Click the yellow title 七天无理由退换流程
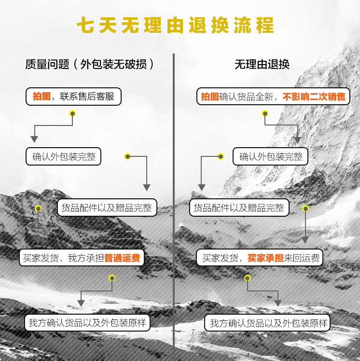tap(175, 25)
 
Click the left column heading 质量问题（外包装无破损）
tap(90, 64)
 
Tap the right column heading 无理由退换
tap(262, 64)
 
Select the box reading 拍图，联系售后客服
tap(73, 97)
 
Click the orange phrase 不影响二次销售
tap(314, 97)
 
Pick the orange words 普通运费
tap(122, 258)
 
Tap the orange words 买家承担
tap(265, 258)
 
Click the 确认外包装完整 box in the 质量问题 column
tap(63, 156)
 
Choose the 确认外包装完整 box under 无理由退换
tap(270, 156)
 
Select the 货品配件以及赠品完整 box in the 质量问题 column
tap(107, 208)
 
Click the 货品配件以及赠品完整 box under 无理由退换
tap(239, 208)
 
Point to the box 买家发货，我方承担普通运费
tap(82, 258)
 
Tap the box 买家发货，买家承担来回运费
tap(260, 258)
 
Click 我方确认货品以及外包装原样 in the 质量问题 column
tap(87, 323)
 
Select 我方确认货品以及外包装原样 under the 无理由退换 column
tap(267, 323)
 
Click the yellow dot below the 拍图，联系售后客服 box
tap(72, 113)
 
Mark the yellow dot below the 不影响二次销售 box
tap(265, 113)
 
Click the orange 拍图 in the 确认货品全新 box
tap(210, 97)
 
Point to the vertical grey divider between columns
tap(174, 207)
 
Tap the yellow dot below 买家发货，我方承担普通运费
tap(112, 278)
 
